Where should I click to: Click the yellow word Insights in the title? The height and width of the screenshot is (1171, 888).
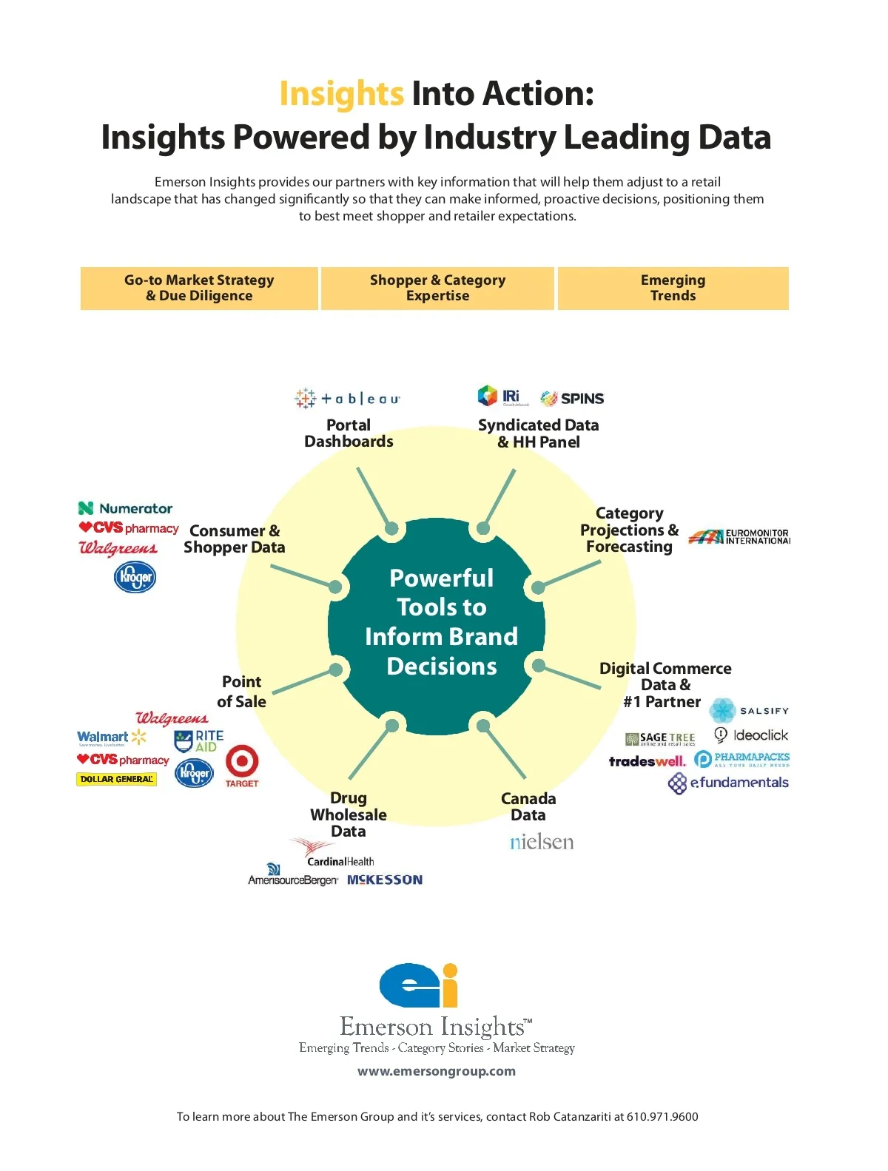341,94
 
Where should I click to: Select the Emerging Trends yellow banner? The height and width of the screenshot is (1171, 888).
673,288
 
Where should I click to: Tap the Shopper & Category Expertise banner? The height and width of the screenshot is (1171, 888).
437,288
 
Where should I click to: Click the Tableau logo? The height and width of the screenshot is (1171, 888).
347,399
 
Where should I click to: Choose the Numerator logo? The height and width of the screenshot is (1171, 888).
126,508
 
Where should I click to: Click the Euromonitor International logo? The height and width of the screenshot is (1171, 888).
739,536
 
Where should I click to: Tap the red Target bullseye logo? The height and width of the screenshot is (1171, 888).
242,763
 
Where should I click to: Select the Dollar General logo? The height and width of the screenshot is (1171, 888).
116,779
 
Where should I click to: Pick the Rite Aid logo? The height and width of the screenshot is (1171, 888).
198,740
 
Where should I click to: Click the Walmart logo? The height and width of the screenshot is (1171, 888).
111,738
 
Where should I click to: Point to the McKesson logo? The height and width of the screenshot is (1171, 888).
385,880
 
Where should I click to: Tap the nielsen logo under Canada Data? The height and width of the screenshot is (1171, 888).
542,843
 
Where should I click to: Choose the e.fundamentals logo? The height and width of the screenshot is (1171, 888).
729,783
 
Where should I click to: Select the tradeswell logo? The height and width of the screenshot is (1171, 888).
647,761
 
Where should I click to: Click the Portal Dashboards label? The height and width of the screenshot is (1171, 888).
349,433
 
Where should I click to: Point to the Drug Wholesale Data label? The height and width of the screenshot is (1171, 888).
349,814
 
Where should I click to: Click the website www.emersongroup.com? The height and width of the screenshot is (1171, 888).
437,1071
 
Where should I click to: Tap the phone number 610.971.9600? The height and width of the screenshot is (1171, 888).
662,1117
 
